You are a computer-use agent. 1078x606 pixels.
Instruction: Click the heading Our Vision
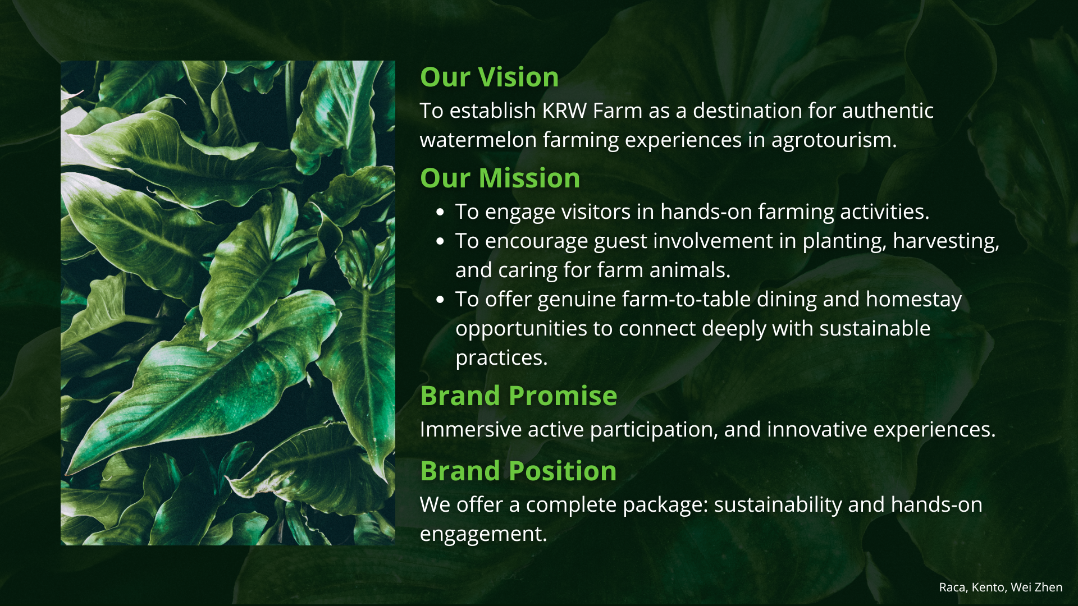coord(489,77)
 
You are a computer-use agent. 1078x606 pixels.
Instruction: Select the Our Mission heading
coord(500,178)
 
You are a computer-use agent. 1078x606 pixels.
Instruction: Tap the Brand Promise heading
coord(518,396)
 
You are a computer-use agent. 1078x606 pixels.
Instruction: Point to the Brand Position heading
coord(518,471)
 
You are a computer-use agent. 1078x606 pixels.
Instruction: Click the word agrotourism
coord(834,141)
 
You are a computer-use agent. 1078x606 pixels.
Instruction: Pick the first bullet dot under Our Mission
coord(440,212)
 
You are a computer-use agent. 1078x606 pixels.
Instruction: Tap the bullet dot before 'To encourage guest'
coord(440,241)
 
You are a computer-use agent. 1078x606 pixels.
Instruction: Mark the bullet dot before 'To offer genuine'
coord(440,300)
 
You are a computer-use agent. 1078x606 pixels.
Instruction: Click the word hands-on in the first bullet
coord(706,212)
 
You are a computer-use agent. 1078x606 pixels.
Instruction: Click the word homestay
coord(913,300)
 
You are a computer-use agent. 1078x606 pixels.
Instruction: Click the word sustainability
coord(778,506)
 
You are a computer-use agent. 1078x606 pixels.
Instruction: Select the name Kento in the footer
coord(989,587)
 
